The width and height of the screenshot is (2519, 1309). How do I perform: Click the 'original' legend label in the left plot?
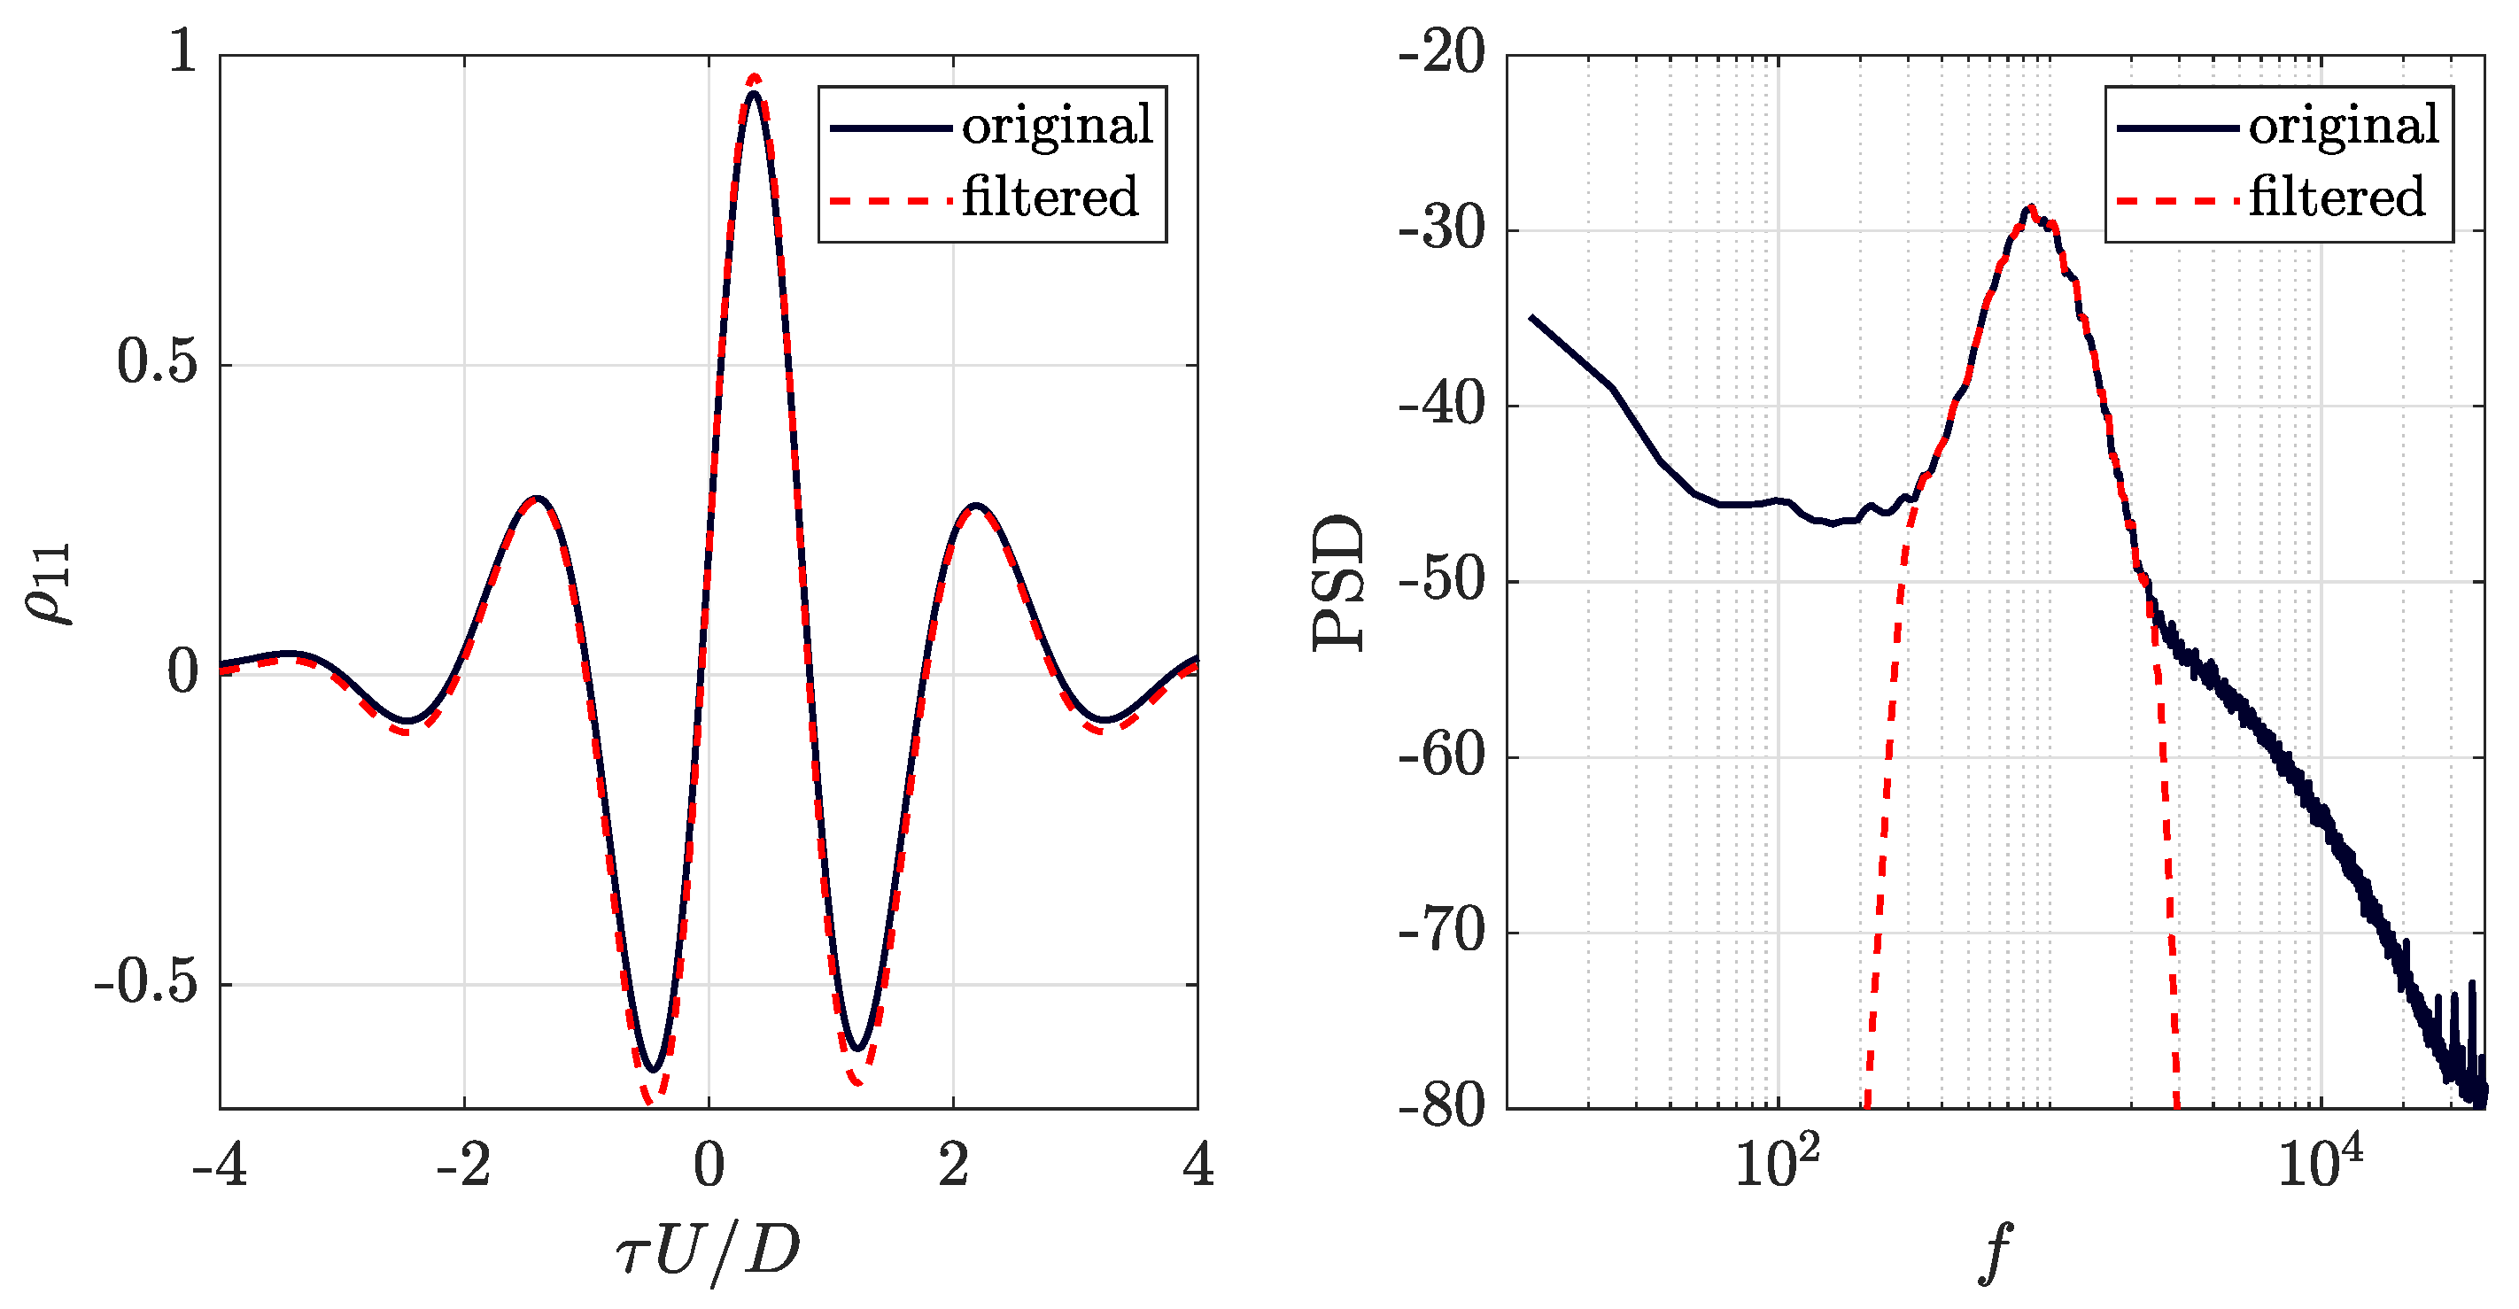pos(1057,126)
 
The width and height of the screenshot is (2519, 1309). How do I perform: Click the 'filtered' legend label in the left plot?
pos(1050,198)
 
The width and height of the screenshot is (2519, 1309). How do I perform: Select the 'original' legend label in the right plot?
pos(2344,126)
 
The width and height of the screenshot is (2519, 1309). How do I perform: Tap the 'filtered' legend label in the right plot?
pos(2337,198)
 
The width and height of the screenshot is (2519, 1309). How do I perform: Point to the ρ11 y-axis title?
pos(49,583)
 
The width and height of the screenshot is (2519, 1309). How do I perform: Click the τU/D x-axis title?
pos(708,1251)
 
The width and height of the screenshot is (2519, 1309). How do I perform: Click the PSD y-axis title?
pos(1337,583)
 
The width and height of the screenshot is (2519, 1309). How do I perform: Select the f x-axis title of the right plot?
pos(1995,1252)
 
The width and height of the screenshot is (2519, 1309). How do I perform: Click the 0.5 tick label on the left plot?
pos(158,363)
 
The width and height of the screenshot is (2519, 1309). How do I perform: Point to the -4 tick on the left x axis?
pos(219,1166)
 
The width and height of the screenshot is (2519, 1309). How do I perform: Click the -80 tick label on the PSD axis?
pos(1441,1107)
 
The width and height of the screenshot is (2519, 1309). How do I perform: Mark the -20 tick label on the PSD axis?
pos(1441,53)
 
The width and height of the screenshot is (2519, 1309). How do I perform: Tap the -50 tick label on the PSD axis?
pos(1441,581)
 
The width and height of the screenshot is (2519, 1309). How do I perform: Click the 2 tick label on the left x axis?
pos(953,1166)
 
